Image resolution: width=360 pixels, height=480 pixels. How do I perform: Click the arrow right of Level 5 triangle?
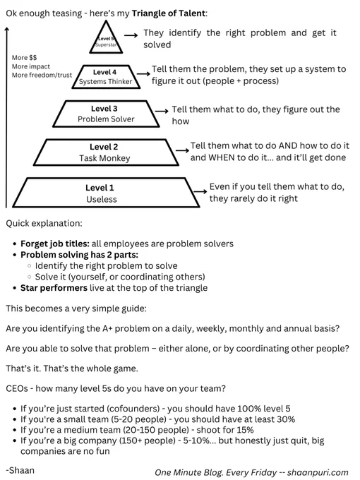131,35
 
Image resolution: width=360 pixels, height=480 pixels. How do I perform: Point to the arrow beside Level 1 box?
200,191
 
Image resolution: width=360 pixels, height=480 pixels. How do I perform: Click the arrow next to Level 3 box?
162,111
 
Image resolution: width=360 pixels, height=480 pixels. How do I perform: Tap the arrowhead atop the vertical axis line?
7,28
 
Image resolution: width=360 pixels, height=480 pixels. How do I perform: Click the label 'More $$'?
24,58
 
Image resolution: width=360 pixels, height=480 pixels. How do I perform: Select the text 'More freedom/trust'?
42,75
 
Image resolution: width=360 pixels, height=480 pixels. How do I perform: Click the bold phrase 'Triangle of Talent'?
169,13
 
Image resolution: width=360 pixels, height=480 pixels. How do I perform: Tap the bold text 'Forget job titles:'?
55,244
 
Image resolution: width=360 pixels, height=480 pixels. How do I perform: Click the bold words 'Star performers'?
54,288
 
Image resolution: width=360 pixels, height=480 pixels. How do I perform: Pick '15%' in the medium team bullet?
245,430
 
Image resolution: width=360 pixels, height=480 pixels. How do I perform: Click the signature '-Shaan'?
20,470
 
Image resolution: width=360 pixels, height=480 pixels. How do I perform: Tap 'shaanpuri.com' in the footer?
318,473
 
